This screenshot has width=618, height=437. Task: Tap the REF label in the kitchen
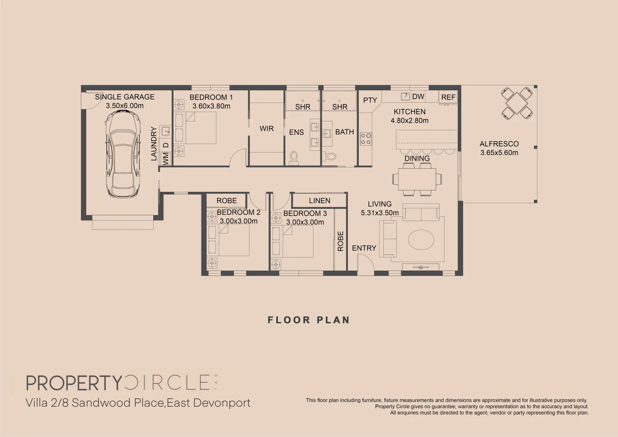448,98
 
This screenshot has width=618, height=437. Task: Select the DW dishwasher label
418,96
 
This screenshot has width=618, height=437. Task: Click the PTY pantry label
370,100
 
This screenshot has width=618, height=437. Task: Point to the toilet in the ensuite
294,158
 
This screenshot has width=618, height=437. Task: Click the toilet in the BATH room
330,156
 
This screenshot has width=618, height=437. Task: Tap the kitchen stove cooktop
366,139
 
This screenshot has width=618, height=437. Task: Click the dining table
417,179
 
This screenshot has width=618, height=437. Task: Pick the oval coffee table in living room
421,240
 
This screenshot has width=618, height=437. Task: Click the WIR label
267,129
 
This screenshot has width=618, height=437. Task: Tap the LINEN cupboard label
320,201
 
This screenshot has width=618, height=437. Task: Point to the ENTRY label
364,248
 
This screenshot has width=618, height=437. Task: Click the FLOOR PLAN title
309,320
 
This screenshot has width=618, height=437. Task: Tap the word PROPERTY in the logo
74,383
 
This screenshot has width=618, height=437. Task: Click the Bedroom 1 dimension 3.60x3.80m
211,106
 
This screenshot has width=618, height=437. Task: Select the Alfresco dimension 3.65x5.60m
499,153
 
